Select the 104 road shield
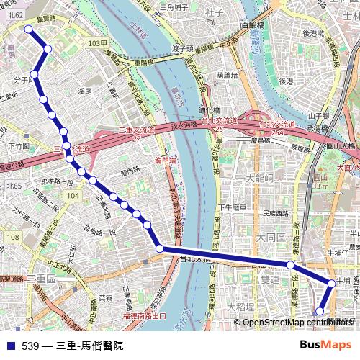tap(71, 195)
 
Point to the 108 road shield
tap(14, 238)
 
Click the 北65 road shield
tap(14, 186)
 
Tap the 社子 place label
tap(214, 12)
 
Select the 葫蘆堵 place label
tap(226, 74)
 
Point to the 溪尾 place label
tap(85, 91)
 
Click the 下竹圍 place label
tap(18, 146)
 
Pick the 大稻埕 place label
tap(240, 306)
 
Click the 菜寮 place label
tap(106, 297)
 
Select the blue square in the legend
tap(10, 346)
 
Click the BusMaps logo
tap(326, 345)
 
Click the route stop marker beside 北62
tap(29, 29)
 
